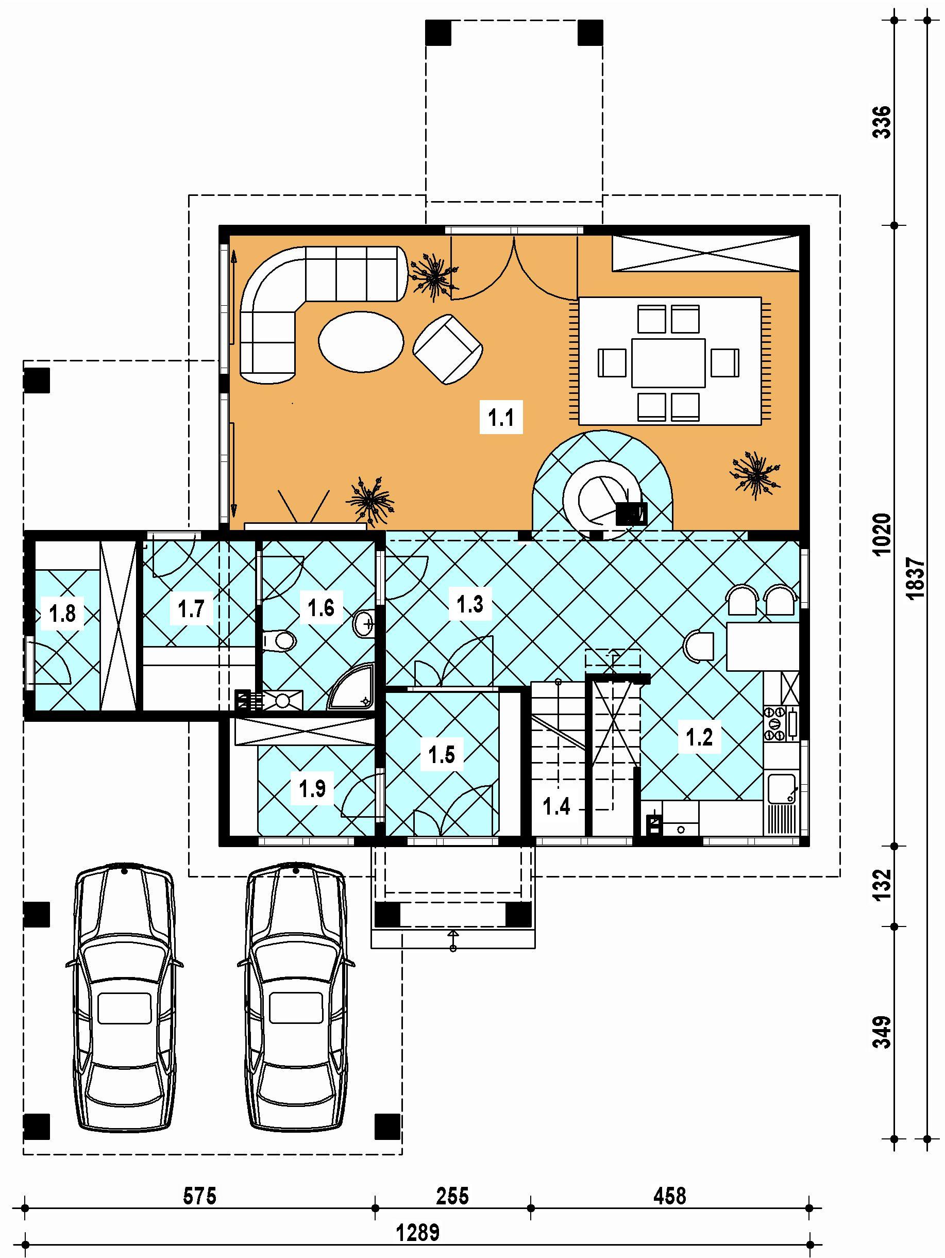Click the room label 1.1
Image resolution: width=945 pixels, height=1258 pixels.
coord(501,418)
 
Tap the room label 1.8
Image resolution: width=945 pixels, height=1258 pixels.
coord(63,614)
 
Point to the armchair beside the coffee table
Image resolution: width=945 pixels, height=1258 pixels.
coord(448,349)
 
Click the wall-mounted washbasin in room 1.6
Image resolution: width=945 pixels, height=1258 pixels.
coord(364,624)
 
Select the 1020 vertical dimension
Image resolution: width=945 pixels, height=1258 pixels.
coord(882,535)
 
